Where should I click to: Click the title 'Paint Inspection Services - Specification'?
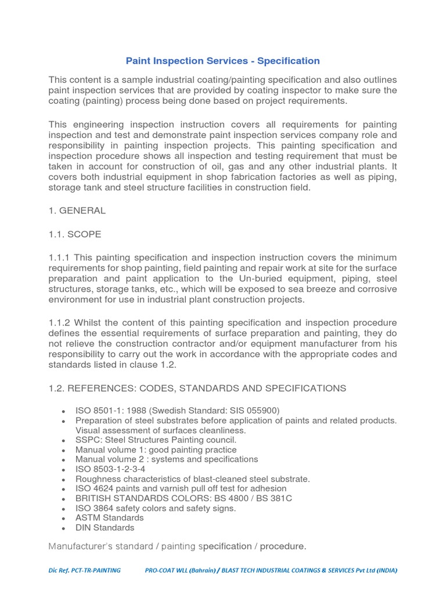click(223, 61)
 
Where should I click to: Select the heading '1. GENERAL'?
click(77, 211)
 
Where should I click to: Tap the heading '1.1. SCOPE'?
click(75, 234)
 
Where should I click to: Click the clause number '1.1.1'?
click(59, 258)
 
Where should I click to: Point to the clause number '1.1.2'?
click(59, 323)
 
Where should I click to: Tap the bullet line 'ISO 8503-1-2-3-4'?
click(110, 469)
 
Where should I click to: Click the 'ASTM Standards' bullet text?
click(109, 517)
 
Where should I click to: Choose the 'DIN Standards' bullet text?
click(105, 528)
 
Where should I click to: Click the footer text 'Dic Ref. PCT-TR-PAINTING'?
click(85, 570)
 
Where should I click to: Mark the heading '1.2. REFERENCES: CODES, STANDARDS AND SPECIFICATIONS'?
click(197, 388)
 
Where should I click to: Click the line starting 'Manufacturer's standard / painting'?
click(177, 546)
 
